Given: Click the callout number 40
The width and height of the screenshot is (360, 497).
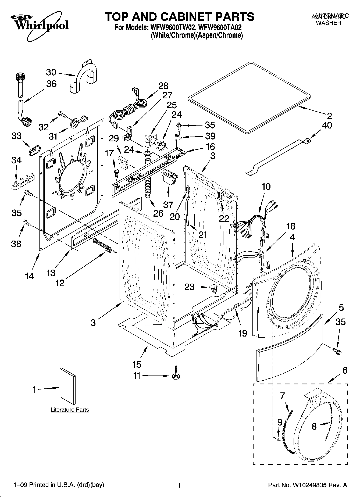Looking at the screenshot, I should tap(327, 125).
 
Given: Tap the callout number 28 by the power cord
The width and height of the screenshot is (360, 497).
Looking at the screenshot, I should tap(163, 86).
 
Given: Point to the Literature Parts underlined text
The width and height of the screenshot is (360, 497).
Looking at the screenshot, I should tap(70, 410).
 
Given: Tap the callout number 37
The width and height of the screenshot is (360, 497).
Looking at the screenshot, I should tap(168, 205).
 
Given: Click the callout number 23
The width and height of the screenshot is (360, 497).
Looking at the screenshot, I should tap(189, 287).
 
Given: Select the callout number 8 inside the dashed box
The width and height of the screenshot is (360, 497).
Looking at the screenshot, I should tap(314, 426).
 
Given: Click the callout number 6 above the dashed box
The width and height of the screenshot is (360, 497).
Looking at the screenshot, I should tap(345, 370).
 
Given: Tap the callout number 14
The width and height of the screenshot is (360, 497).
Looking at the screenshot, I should tap(30, 276).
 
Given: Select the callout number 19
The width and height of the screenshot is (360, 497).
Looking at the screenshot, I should tap(243, 333).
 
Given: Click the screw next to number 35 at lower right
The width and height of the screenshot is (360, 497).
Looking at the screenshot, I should tap(336, 351).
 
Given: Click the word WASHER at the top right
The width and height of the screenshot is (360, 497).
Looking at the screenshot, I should tap(328, 23).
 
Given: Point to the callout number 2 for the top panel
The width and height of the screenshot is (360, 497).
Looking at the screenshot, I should tap(329, 116).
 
